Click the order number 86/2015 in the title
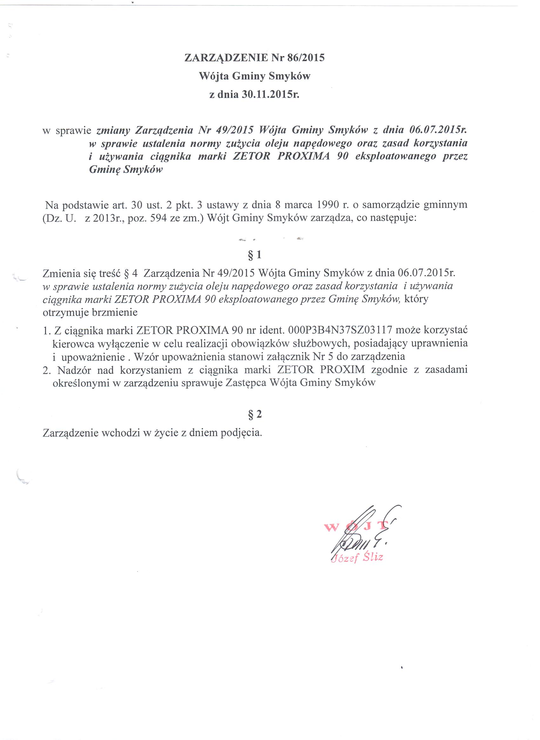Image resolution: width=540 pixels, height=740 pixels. coord(306,58)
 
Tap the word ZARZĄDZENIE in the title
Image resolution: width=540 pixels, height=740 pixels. coord(226,58)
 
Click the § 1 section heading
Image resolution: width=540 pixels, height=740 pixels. coord(255,255)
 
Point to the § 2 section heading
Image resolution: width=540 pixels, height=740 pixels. coord(255,415)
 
